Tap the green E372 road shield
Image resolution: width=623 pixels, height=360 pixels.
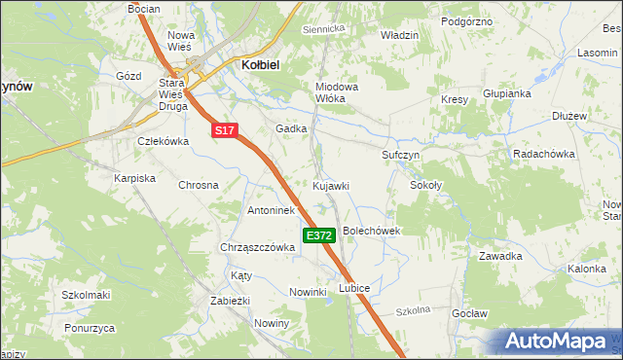319,235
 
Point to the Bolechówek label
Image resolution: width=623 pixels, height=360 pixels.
372,231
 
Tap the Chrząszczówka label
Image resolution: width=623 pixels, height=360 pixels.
258,247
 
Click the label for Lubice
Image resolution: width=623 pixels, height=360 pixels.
354,288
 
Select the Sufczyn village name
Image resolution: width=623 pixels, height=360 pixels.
399,155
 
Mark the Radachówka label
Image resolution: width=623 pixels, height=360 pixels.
546,155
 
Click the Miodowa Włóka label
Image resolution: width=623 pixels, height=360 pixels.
337,92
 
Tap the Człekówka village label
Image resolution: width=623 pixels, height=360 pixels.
162,140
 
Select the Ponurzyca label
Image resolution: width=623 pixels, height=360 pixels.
89,328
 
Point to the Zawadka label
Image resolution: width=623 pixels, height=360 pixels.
500,256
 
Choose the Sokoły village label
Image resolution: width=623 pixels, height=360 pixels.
425,184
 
